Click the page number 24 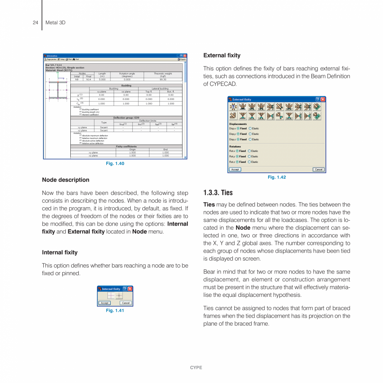coord(35,22)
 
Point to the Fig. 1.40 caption coord(115,164)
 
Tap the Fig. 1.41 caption coord(115,311)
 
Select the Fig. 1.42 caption coord(277,177)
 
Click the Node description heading coord(65,180)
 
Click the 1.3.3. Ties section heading coord(218,193)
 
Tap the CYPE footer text coord(196,368)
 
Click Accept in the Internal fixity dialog coord(105,303)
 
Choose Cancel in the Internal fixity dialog coord(126,303)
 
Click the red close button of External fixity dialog coord(323,99)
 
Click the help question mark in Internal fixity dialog coord(124,289)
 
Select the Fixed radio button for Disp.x coord(238,129)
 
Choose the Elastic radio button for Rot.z coord(250,162)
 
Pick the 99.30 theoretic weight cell coord(162,79)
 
